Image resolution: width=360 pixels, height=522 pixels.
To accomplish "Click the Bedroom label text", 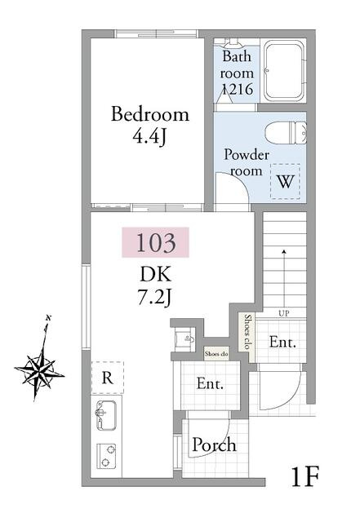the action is (x=150, y=114).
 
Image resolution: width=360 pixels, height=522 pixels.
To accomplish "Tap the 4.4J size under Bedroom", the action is (x=149, y=136).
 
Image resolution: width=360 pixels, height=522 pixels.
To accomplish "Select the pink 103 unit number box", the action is (x=155, y=242).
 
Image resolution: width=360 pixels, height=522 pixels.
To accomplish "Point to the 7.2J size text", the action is (x=154, y=296).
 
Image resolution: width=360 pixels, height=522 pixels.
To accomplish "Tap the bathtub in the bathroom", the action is (x=284, y=71).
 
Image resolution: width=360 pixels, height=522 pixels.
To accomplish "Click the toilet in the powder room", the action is (x=286, y=133).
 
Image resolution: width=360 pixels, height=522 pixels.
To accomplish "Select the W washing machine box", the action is (x=285, y=181).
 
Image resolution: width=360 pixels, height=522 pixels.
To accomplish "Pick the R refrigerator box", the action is (x=107, y=378).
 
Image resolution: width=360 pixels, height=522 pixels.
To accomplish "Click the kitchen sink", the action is (x=106, y=415).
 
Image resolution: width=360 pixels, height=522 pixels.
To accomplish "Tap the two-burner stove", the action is (x=106, y=456).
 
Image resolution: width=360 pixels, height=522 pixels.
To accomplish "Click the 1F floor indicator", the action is (x=305, y=476).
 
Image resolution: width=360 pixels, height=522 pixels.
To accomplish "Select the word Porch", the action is (x=215, y=445).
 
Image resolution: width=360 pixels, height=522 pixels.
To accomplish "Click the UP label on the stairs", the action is (x=284, y=313).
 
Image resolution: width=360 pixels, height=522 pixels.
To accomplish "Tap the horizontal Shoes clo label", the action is (x=216, y=354).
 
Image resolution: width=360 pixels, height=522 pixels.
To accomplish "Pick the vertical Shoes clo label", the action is (x=247, y=332).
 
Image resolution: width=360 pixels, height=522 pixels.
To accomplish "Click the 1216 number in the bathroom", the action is (x=238, y=89).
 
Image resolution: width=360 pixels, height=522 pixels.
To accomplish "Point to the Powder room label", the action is (x=247, y=163).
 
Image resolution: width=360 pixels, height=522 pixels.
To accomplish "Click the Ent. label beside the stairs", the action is (x=282, y=343).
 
